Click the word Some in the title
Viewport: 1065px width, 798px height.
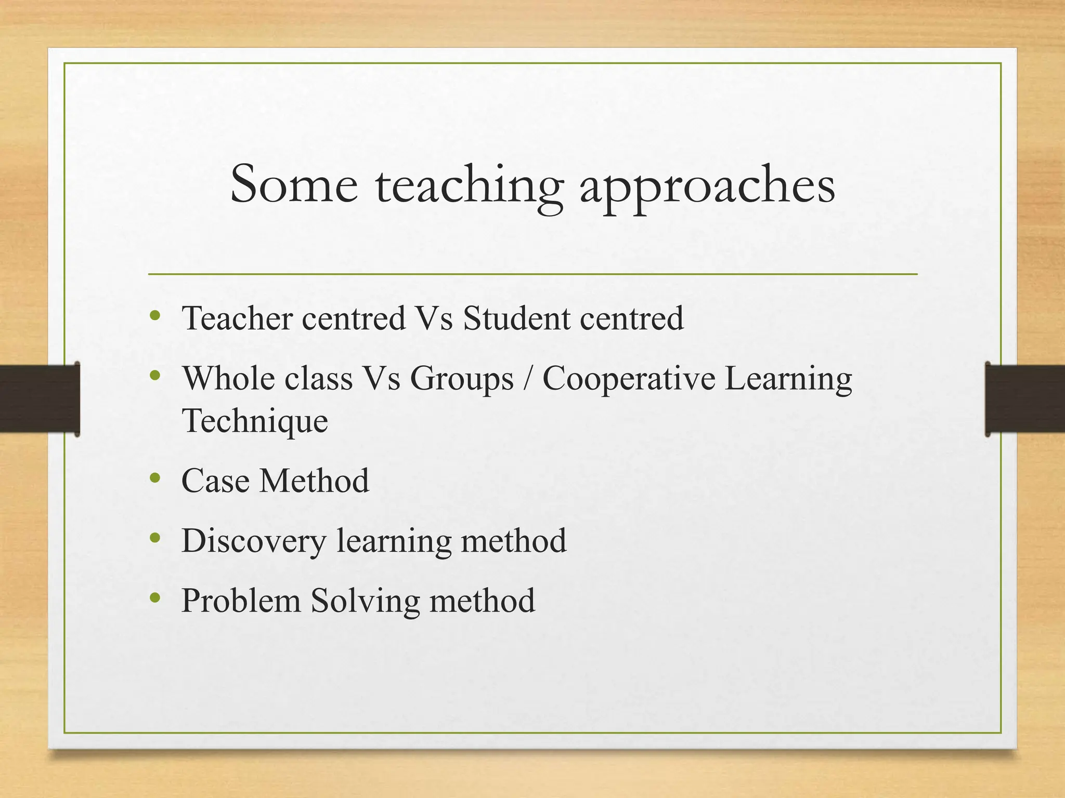click(294, 184)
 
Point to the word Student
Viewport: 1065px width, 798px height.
click(516, 318)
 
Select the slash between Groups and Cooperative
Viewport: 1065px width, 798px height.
click(528, 378)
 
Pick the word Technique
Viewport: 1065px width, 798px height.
click(255, 421)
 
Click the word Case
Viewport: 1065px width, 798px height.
click(215, 481)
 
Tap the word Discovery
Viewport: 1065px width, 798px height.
click(254, 541)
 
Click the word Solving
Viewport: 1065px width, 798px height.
click(365, 602)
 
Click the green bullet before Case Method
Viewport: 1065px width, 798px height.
click(154, 478)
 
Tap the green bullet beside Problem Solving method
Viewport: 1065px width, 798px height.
click(154, 598)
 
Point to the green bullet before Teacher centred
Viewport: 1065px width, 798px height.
click(154, 315)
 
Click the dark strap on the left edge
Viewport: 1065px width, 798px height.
click(39, 398)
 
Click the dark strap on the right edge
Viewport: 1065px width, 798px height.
click(1025, 398)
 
